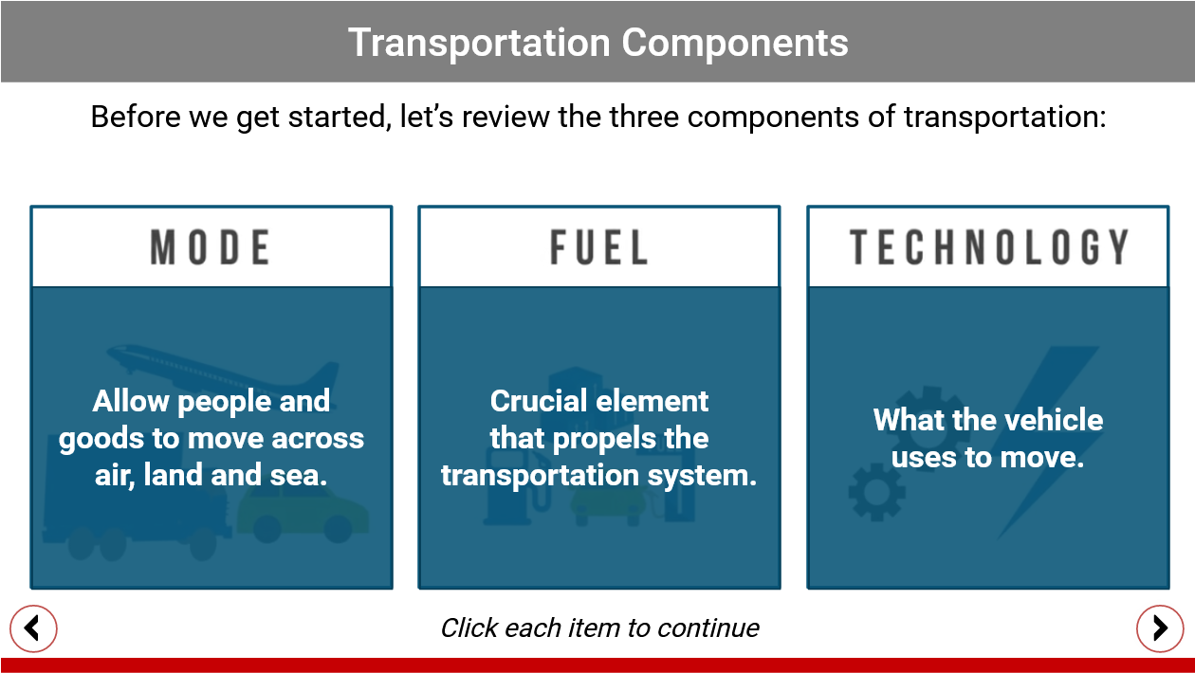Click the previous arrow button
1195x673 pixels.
[x=33, y=628]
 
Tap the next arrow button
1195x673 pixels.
[x=1160, y=628]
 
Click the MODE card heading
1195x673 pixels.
[x=211, y=247]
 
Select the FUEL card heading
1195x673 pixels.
[x=599, y=247]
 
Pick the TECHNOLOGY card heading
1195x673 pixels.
[x=988, y=247]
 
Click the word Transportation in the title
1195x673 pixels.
[x=479, y=43]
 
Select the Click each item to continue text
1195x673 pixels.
[x=599, y=628]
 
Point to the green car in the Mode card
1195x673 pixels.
[x=303, y=515]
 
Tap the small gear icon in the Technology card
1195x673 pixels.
[x=876, y=492]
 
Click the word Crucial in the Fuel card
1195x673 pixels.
[x=539, y=401]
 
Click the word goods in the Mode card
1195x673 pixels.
[x=101, y=440]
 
